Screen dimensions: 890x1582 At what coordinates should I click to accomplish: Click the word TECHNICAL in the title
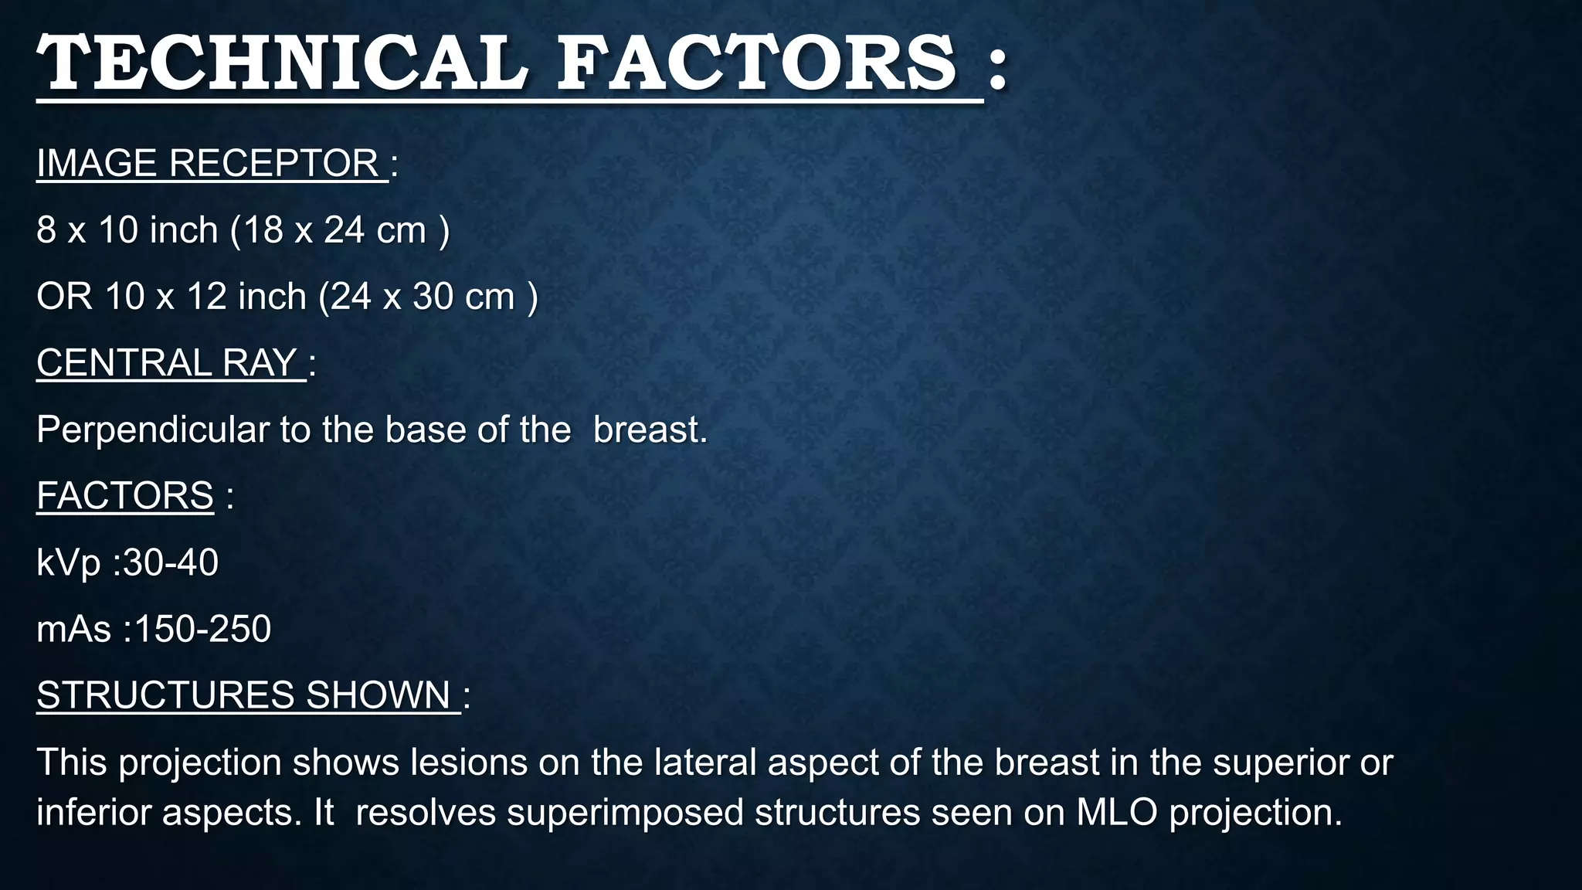[282, 63]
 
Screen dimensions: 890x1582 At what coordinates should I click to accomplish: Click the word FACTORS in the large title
[757, 63]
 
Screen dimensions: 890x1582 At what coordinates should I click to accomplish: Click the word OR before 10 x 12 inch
[65, 297]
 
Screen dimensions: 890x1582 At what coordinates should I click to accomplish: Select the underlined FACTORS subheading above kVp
[125, 496]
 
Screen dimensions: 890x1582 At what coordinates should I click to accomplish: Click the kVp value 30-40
[171, 562]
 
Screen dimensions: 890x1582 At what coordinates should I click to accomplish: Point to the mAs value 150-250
[202, 629]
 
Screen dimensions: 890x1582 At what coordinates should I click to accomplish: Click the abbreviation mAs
[74, 629]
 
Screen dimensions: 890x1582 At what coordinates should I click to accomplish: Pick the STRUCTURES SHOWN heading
[244, 695]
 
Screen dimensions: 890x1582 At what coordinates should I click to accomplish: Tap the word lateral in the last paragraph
[704, 763]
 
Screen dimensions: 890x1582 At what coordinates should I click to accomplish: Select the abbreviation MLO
[1117, 813]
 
